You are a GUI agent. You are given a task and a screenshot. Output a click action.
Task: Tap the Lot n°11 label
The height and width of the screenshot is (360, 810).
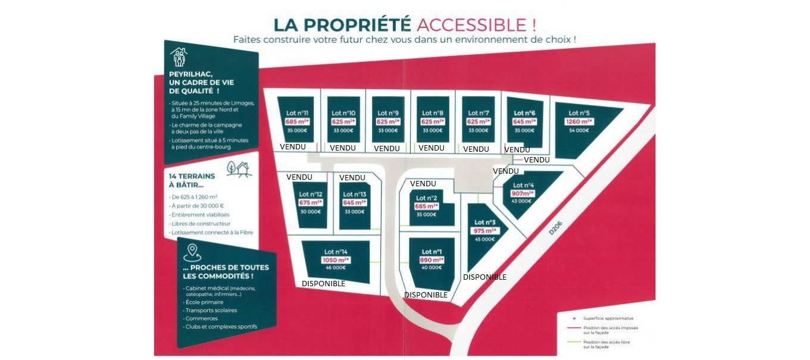(296, 112)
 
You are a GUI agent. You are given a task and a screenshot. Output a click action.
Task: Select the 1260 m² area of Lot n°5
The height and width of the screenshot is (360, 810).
(578, 122)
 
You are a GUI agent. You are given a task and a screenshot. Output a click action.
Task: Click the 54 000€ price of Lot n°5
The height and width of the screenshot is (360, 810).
(578, 130)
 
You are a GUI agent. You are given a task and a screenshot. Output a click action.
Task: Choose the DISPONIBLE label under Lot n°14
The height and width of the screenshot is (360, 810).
(323, 284)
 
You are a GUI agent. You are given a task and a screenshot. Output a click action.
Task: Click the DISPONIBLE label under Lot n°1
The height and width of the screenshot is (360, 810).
(426, 295)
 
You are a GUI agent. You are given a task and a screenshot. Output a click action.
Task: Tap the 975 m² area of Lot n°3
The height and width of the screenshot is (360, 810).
(484, 231)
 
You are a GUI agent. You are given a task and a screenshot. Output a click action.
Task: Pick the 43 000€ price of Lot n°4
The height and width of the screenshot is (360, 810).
(521, 201)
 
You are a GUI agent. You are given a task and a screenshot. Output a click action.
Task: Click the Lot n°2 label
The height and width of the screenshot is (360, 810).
(427, 198)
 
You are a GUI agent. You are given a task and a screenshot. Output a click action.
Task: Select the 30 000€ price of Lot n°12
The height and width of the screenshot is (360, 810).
(311, 211)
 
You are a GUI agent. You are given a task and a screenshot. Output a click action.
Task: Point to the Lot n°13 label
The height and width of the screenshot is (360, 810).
(354, 195)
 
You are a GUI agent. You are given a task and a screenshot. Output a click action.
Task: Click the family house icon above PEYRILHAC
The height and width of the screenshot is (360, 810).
(179, 57)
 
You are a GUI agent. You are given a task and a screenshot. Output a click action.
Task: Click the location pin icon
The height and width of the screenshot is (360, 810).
(192, 252)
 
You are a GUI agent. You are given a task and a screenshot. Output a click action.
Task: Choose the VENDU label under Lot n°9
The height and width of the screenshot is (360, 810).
(387, 148)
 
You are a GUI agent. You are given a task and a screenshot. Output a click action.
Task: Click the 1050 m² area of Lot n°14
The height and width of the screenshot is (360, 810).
(336, 260)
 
